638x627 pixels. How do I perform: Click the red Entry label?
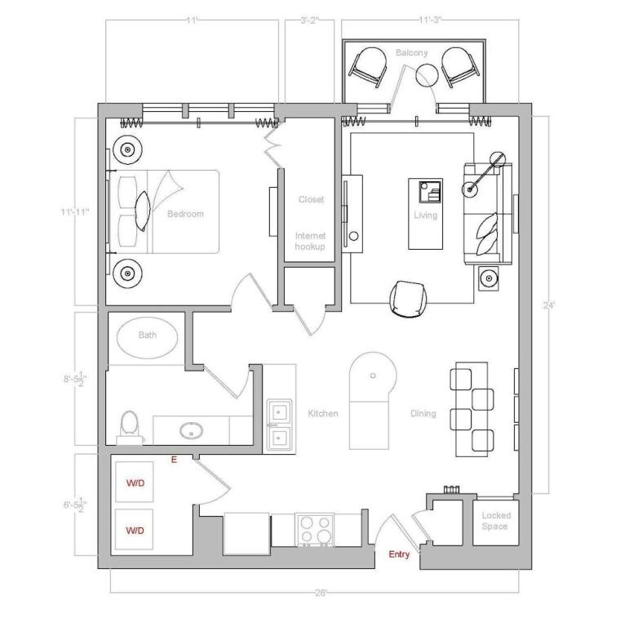coord(399,554)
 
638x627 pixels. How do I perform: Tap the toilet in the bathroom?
coord(130,427)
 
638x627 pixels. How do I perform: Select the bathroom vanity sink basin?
coord(191,431)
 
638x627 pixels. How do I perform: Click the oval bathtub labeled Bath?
coord(148,337)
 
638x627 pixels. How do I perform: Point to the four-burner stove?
coord(315,530)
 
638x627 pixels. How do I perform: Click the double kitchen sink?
coord(279,425)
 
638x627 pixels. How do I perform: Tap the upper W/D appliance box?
coord(135,482)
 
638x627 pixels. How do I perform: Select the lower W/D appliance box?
coord(135,529)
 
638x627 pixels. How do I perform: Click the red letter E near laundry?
coord(174,460)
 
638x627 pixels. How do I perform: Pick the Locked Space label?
coord(495,521)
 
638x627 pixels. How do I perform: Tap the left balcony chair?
coord(368,66)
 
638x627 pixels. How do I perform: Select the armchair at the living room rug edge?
coord(409,299)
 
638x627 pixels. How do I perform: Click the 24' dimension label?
coord(548,305)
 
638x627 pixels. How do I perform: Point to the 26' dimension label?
coord(321,593)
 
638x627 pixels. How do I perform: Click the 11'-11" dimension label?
coord(75,211)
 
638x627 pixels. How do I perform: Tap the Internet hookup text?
coord(310,241)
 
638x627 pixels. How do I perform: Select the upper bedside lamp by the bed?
coord(128,149)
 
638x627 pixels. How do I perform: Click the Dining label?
coord(423,413)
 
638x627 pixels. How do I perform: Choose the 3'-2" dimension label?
coord(310,20)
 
